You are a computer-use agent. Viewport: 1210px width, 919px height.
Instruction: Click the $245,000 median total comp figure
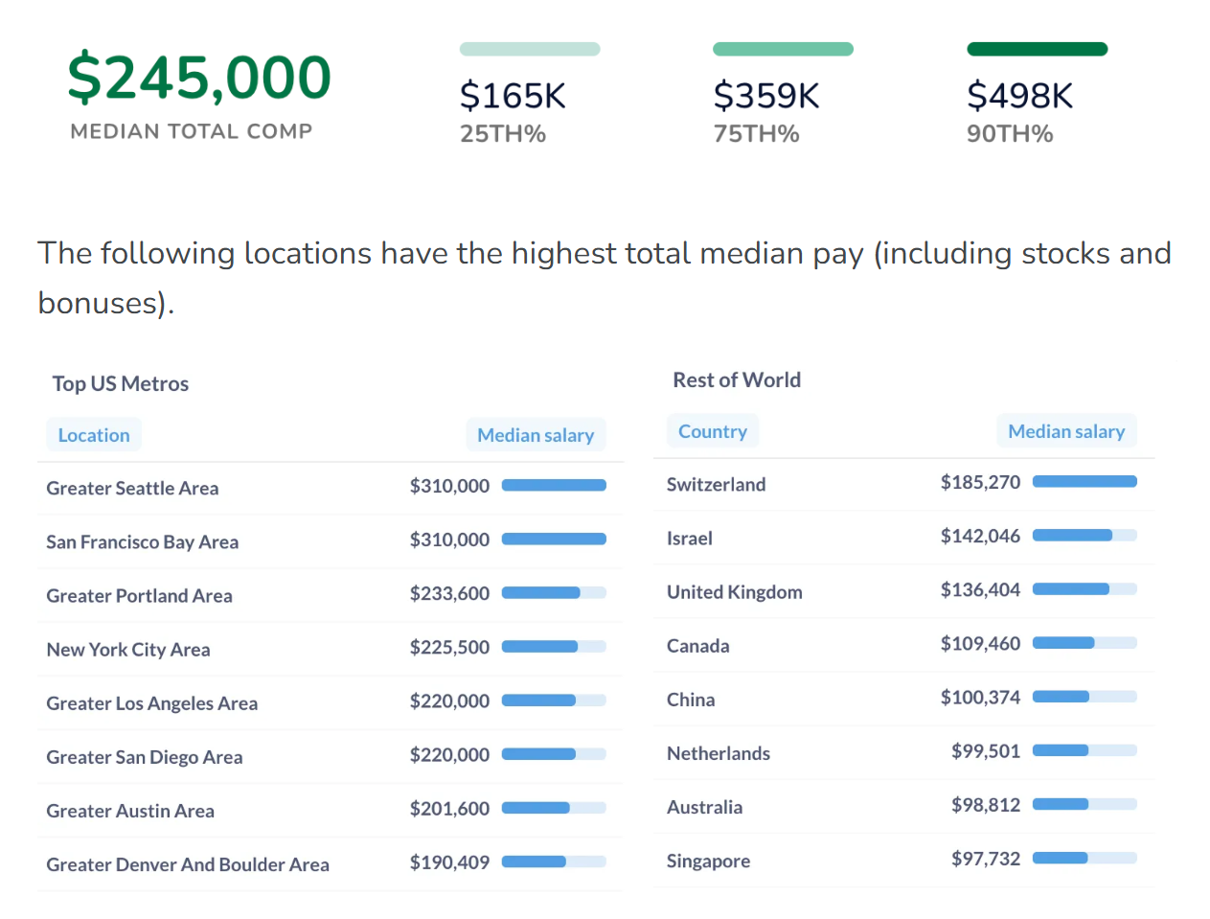[x=199, y=78]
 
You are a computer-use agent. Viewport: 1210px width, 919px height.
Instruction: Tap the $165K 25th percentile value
[x=513, y=96]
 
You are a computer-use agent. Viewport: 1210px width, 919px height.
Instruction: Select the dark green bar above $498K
[x=1037, y=49]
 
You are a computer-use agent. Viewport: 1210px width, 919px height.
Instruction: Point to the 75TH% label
[x=756, y=134]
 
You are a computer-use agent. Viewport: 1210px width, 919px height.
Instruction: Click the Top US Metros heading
[x=121, y=384]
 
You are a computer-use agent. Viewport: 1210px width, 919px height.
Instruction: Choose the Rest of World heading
[x=737, y=380]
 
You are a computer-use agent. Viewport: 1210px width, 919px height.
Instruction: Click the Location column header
[x=94, y=435]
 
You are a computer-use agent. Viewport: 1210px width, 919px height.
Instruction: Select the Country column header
[x=713, y=431]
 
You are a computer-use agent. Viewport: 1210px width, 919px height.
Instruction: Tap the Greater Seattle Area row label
[x=132, y=489]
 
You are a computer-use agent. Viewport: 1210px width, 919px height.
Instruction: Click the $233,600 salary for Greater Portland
[x=449, y=594]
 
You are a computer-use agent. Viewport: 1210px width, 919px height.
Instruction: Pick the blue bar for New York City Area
[x=540, y=647]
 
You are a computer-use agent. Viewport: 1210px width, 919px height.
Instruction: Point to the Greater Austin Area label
[x=130, y=812]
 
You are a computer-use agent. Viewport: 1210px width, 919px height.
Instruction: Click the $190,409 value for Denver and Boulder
[x=449, y=862]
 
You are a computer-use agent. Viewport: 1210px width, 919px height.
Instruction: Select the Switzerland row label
[x=716, y=485]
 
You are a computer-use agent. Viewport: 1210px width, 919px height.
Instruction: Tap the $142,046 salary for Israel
[x=980, y=537]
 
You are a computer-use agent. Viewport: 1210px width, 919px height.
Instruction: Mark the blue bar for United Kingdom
[x=1071, y=589]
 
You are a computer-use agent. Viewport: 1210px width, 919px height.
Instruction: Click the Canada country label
[x=697, y=646]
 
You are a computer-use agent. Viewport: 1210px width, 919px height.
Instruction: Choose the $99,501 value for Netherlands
[x=985, y=751]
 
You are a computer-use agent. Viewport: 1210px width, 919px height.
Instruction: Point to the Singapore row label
[x=708, y=862]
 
